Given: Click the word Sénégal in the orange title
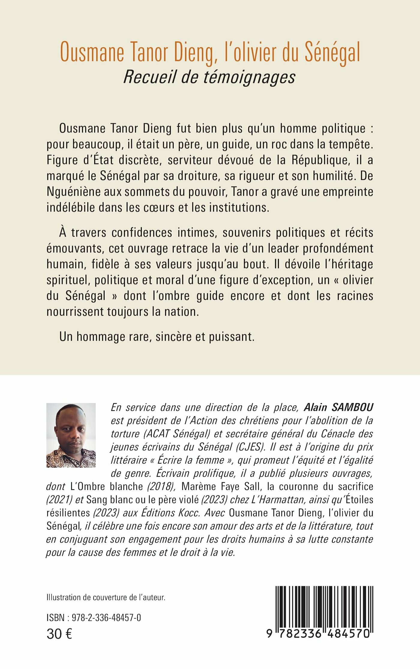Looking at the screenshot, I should (332, 53).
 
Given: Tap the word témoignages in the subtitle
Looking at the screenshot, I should (250, 77).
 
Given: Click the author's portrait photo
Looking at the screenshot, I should (71, 435).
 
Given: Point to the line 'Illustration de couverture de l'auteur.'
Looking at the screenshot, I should (106, 597).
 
